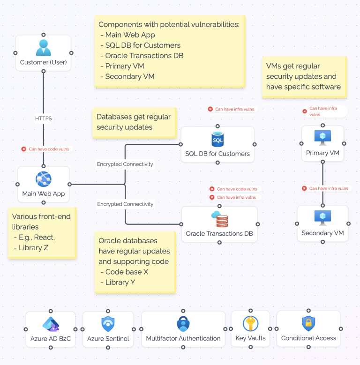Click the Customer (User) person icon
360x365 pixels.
(43, 48)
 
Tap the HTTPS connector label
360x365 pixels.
(43, 119)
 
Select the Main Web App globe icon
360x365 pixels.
(43, 179)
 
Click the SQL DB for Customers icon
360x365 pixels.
(217, 139)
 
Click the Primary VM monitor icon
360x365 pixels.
(322, 137)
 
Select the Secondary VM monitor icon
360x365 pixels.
(322, 217)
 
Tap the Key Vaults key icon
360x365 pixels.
(250, 324)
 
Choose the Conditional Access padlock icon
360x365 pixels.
(308, 324)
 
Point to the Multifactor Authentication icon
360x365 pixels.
(183, 324)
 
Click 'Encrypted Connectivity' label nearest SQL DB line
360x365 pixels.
(125, 164)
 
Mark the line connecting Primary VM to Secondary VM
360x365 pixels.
(322, 178)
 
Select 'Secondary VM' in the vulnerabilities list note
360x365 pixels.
(129, 76)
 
